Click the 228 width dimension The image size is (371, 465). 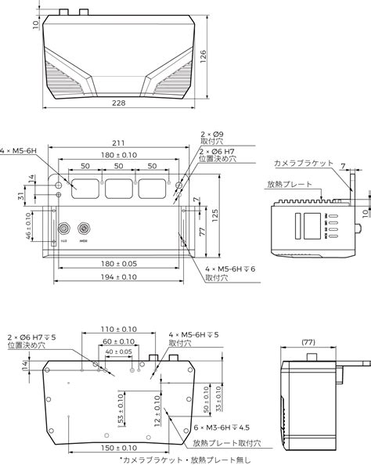pyautogui.click(x=120, y=103)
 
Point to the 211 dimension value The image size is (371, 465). pyautogui.click(x=117, y=143)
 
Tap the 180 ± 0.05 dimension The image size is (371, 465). pyautogui.click(x=117, y=263)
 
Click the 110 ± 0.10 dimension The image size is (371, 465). pyautogui.click(x=119, y=330)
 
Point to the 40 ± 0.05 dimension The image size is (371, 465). pyautogui.click(x=119, y=351)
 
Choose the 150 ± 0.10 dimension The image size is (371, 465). pyautogui.click(x=119, y=448)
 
